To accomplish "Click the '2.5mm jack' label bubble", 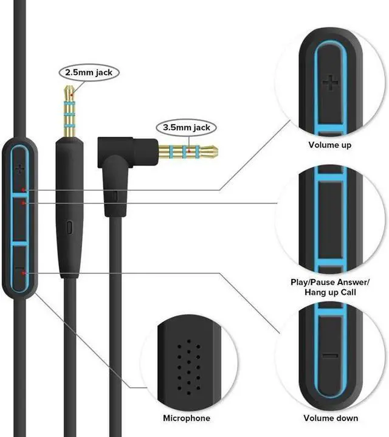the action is (x=89, y=72).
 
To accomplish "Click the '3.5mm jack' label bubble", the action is (x=186, y=128).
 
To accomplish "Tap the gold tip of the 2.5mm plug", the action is (x=69, y=89).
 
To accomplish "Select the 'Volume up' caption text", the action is (x=330, y=145).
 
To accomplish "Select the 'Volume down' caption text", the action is (x=331, y=418).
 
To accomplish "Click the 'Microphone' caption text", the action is (x=187, y=418).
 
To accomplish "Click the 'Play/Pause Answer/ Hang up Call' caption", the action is (x=330, y=287).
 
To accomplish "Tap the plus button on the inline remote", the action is (x=21, y=168).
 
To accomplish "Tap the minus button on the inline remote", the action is (x=21, y=268).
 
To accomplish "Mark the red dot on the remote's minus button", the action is (x=23, y=274).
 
